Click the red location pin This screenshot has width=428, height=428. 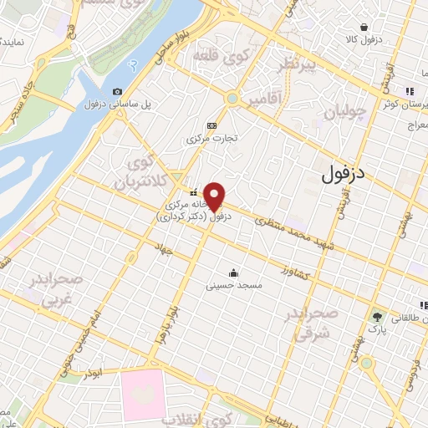coord(215,196)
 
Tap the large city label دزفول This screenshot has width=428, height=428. coord(344,174)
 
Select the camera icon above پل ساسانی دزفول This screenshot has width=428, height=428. coord(117,91)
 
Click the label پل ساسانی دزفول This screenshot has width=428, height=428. coord(117,105)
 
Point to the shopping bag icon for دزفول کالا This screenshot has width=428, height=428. coord(361,26)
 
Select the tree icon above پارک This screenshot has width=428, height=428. coord(376,317)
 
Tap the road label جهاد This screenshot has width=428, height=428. coord(162,248)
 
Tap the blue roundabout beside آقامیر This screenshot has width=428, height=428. coord(232,99)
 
